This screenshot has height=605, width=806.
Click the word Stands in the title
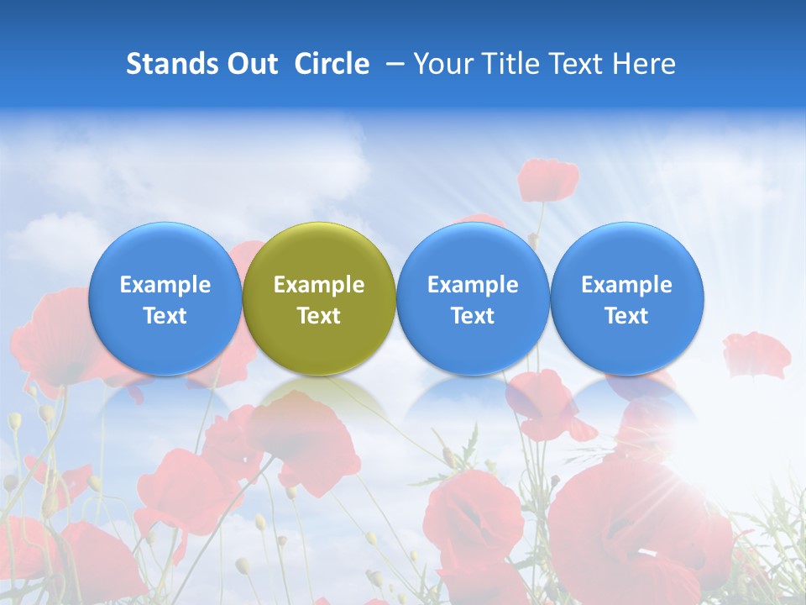click(170, 64)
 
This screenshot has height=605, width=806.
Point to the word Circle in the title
click(332, 64)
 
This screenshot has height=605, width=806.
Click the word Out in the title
click(251, 64)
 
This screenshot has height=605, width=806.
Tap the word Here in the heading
click(644, 64)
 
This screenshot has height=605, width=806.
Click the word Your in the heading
click(442, 64)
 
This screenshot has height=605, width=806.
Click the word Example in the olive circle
click(319, 285)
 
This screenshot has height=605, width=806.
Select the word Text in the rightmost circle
click(627, 316)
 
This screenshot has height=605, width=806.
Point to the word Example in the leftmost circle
click(165, 285)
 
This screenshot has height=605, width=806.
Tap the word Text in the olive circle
click(319, 316)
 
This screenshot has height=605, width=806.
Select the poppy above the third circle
click(548, 179)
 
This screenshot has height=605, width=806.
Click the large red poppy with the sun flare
click(621, 521)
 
